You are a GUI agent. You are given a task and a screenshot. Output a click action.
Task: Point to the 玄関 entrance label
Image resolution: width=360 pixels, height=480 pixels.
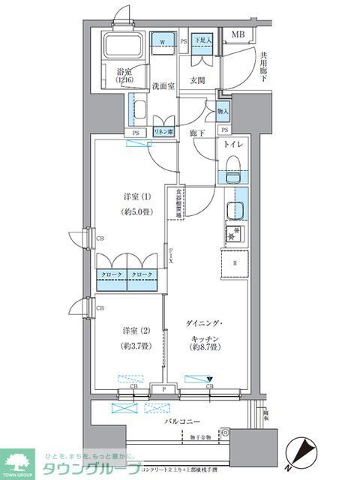point(198,80)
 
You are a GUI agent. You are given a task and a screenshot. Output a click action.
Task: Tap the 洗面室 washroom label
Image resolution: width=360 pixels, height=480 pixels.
point(162,85)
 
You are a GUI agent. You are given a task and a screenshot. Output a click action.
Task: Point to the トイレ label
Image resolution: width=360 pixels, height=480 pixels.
point(238,147)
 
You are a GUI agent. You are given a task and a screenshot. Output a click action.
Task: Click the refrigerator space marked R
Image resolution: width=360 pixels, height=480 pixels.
point(236,263)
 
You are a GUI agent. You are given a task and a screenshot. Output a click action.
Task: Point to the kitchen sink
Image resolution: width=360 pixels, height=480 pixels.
point(235,210)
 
